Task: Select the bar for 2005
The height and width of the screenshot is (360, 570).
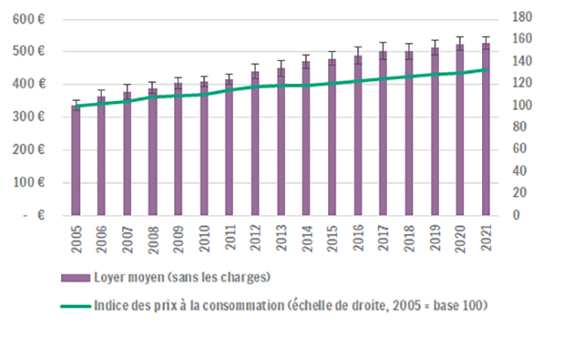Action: click(76, 163)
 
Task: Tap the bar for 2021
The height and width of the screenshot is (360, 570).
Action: click(485, 130)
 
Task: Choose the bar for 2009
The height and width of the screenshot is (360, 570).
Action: click(178, 151)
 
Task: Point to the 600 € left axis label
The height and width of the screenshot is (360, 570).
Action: click(30, 19)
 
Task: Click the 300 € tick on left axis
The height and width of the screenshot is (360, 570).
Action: click(30, 117)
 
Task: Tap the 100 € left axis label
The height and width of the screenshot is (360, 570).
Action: click(30, 182)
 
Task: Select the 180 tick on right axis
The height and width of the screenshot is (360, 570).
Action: click(522, 17)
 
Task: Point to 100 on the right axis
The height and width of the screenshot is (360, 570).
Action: click(522, 105)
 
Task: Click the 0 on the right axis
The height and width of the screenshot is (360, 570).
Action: click(515, 215)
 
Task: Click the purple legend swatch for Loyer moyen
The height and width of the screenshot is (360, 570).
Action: click(75, 279)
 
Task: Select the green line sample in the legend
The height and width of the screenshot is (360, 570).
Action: click(75, 307)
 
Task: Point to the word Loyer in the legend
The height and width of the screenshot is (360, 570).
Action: click(108, 279)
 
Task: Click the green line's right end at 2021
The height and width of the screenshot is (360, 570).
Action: click(486, 69)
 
